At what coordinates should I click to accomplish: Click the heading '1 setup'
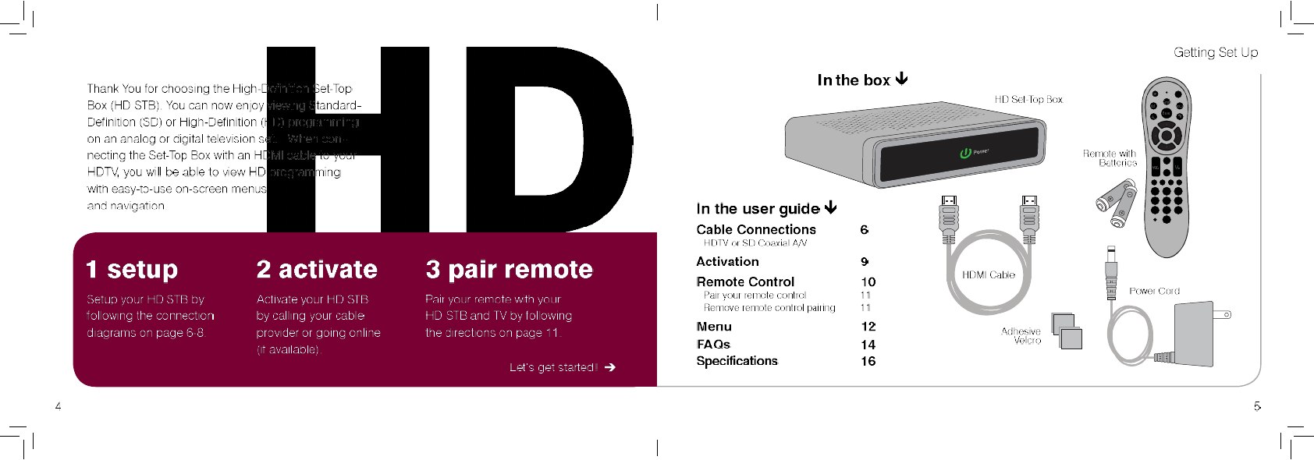132,270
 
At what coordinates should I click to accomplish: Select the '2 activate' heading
317,270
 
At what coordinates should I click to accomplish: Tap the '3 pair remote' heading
509,270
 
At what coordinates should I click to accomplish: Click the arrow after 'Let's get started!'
610,367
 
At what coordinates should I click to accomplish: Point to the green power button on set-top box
965,153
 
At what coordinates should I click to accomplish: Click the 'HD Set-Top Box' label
1028,100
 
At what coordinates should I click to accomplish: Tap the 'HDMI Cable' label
988,275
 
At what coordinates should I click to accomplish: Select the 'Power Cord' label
1154,291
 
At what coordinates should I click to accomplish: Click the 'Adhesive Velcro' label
1021,336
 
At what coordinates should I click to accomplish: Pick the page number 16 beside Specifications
868,361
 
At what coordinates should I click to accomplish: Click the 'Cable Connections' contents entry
755,229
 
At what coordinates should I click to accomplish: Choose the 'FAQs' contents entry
713,344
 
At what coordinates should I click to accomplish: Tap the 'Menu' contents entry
714,327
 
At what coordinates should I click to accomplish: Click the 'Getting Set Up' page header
1215,52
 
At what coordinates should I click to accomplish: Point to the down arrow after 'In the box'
902,79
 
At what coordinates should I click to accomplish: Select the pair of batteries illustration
1117,203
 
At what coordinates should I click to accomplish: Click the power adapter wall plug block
1193,334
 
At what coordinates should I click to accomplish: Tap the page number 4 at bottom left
58,406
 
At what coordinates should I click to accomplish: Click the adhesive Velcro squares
1067,331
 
